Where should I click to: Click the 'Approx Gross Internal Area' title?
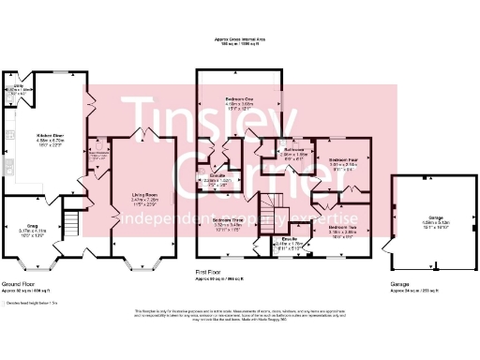coord(240,39)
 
